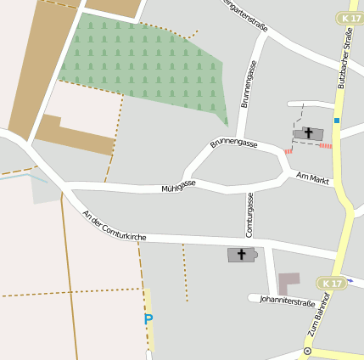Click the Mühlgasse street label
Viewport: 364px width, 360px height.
tap(179, 183)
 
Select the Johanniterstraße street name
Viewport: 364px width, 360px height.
tap(288, 300)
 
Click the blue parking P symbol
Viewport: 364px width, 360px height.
tap(148, 320)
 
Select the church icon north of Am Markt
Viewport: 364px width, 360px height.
tap(308, 133)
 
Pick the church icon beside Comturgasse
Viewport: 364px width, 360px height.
tap(241, 254)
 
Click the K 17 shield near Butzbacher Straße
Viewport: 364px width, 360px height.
tap(348, 18)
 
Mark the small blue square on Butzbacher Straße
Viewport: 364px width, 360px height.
tap(337, 121)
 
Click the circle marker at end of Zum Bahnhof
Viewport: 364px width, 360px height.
tap(307, 351)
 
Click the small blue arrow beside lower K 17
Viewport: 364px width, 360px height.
tap(350, 280)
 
